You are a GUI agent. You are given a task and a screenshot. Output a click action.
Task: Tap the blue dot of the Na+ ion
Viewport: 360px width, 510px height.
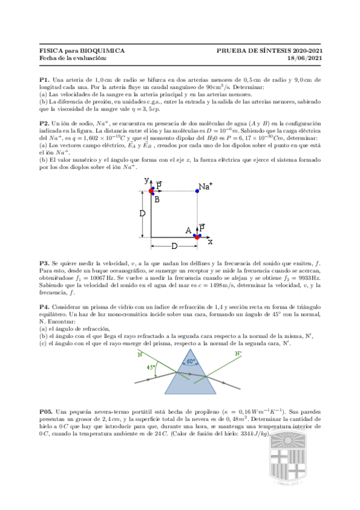(x=197, y=191)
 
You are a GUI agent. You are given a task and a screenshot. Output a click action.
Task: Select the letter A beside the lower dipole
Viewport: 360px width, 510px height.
(x=188, y=230)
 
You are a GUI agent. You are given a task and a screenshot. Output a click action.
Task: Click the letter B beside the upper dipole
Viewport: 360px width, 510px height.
(x=157, y=200)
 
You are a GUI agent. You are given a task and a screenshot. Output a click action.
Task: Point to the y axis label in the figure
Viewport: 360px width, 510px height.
(x=146, y=180)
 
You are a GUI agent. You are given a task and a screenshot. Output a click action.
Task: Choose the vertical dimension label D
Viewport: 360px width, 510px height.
(x=142, y=214)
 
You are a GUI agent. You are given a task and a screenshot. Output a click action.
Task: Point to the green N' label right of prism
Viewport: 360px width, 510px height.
(x=221, y=354)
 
